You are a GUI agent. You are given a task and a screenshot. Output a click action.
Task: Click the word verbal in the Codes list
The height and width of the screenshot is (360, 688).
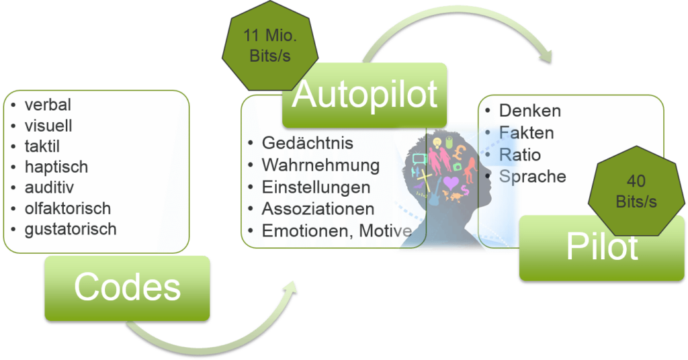click(48, 105)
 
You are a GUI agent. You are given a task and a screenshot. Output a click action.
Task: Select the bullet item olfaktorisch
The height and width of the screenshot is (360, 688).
click(68, 208)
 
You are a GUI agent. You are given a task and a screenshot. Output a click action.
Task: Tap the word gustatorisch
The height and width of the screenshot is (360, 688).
click(71, 229)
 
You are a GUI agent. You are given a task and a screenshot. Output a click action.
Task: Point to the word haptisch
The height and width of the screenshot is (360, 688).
click(56, 167)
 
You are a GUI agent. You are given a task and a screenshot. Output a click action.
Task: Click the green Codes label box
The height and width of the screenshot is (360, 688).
click(127, 288)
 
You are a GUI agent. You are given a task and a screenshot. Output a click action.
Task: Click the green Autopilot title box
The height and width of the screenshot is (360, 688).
click(365, 95)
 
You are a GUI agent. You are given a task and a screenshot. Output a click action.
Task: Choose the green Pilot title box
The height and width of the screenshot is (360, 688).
click(601, 249)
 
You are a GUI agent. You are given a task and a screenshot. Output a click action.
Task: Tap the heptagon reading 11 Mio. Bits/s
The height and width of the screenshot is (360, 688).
click(270, 46)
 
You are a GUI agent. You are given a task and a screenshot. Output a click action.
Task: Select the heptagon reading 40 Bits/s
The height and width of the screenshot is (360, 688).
click(636, 191)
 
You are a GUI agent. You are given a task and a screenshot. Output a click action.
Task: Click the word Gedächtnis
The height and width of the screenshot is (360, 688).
click(308, 143)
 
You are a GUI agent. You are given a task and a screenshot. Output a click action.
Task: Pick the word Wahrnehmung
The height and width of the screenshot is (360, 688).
click(320, 165)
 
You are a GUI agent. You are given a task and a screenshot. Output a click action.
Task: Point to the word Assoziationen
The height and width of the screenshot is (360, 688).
click(318, 209)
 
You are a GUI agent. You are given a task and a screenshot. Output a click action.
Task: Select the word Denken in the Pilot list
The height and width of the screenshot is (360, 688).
click(530, 111)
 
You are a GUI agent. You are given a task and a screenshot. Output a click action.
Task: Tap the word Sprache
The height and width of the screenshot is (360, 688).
click(533, 176)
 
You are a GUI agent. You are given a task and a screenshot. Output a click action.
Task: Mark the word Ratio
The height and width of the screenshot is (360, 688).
click(520, 154)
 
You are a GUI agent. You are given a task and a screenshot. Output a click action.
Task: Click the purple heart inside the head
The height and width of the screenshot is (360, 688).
click(451, 182)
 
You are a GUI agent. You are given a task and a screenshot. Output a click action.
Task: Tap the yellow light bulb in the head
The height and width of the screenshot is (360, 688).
click(437, 142)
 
